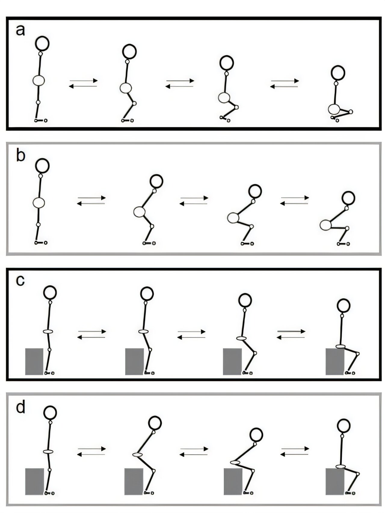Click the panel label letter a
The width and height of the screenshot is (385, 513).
pyautogui.click(x=20, y=30)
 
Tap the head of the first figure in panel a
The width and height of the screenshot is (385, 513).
pyautogui.click(x=42, y=44)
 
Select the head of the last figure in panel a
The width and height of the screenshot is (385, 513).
pyautogui.click(x=338, y=73)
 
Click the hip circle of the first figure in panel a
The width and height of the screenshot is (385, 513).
pyautogui.click(x=39, y=80)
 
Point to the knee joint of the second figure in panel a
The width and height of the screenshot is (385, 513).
pyautogui.click(x=134, y=103)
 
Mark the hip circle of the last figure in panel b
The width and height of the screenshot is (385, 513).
pyautogui.click(x=325, y=225)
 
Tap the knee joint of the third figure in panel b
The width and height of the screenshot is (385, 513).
pyautogui.click(x=252, y=226)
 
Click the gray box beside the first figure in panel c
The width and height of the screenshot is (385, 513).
pyautogui.click(x=35, y=361)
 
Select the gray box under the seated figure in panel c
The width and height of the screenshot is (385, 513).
pyautogui.click(x=335, y=361)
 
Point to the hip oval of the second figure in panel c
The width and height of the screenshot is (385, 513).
pyautogui.click(x=144, y=331)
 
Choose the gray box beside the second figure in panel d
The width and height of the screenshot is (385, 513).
pyautogui.click(x=134, y=481)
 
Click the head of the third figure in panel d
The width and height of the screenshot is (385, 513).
pyautogui.click(x=256, y=435)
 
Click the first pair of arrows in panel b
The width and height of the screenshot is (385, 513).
pyautogui.click(x=91, y=201)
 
